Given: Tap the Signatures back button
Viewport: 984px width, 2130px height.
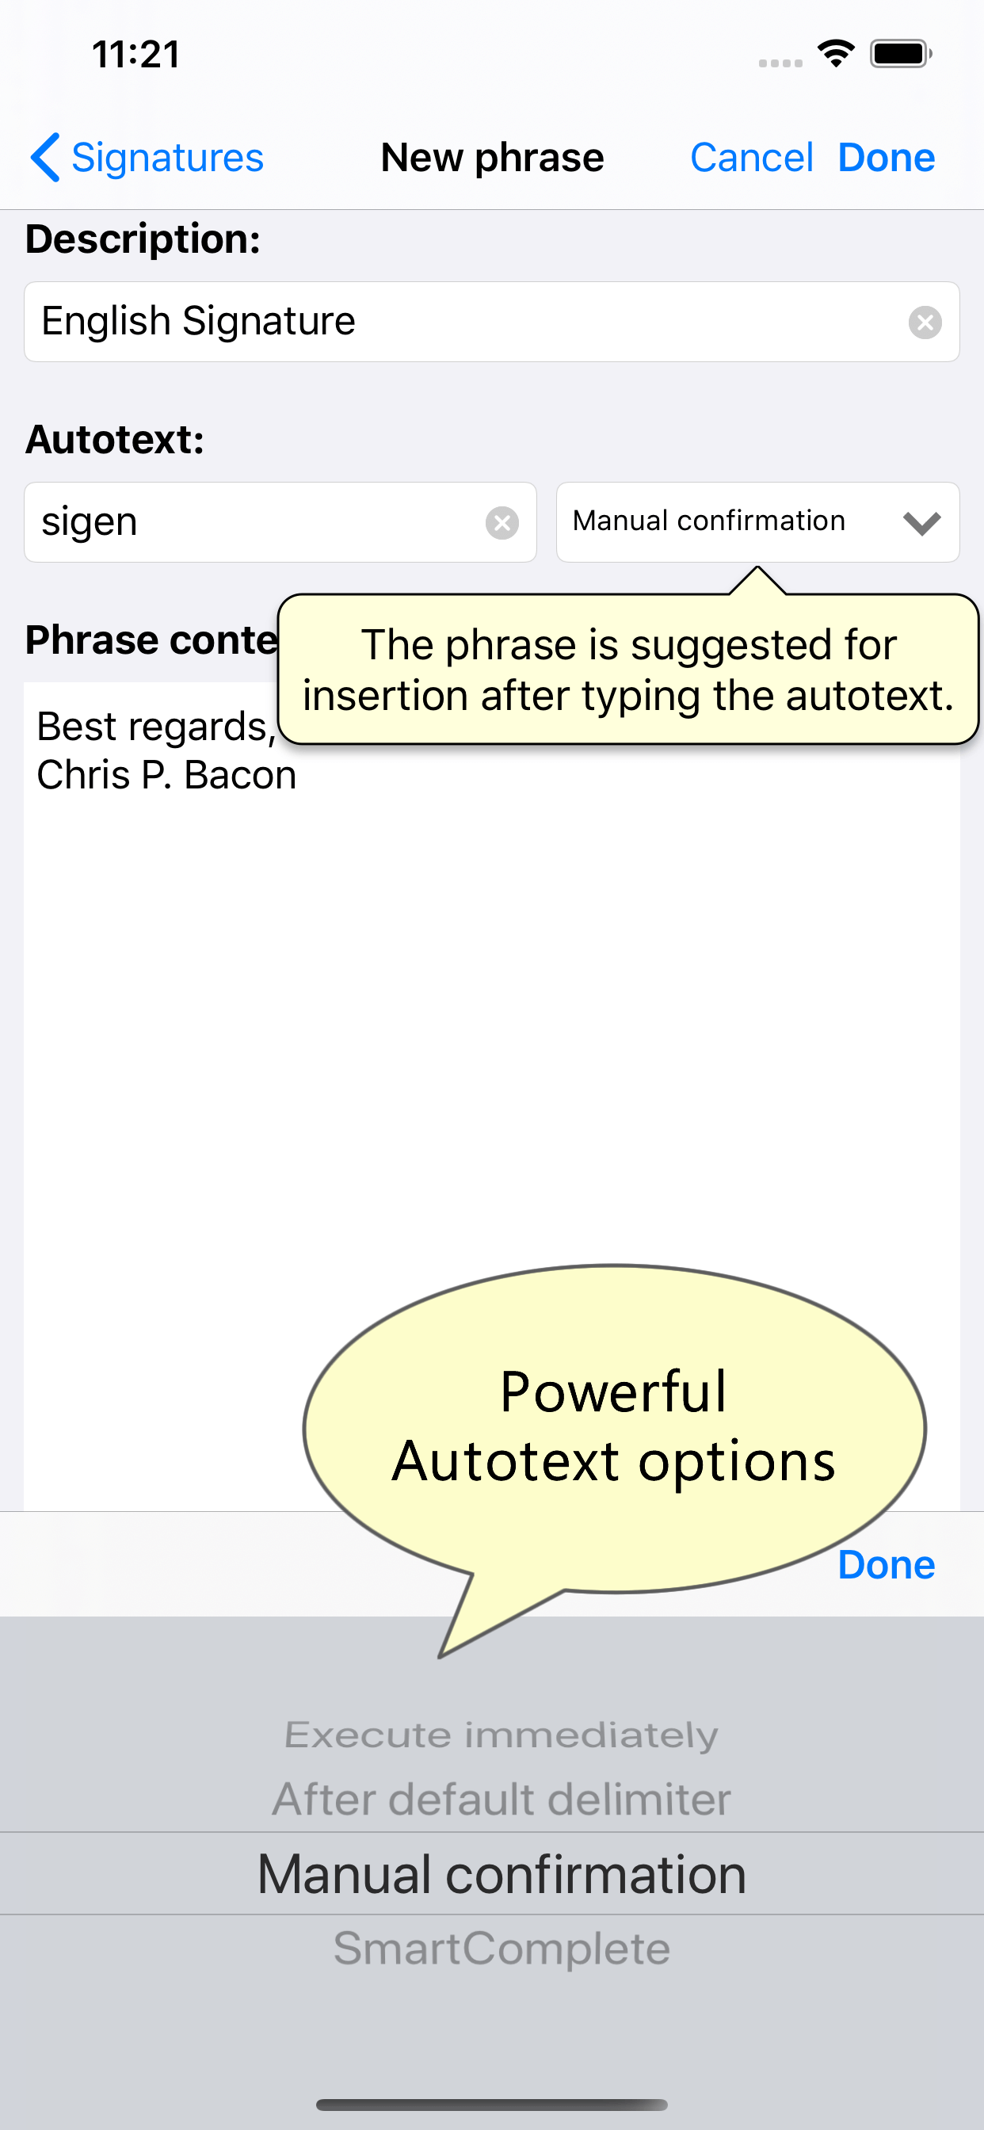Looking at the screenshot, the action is tap(147, 157).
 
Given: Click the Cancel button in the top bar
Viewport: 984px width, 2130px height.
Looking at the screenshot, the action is tap(752, 157).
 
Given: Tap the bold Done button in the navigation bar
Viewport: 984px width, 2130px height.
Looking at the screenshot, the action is tap(887, 157).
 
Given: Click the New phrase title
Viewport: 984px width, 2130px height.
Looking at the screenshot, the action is tap(492, 157).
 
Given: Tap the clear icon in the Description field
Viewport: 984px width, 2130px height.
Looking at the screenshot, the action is tap(925, 322).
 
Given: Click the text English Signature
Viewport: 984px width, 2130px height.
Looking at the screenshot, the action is tap(198, 321).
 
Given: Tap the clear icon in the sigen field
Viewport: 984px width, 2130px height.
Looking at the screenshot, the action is tap(502, 522).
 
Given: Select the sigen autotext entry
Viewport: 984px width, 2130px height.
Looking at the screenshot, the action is tap(90, 522).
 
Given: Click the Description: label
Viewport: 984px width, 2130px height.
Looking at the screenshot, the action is tap(143, 239).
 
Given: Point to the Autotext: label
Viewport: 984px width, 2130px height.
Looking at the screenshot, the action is tap(115, 439).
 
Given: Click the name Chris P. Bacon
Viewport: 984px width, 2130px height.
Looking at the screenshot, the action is tap(166, 776).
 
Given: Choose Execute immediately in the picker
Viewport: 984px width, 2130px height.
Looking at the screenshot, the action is tap(501, 1735).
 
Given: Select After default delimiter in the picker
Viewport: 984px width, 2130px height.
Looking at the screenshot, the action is tap(501, 1800).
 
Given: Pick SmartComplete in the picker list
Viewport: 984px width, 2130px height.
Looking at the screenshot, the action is tap(501, 1948).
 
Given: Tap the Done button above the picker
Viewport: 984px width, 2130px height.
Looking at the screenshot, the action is tap(887, 1564).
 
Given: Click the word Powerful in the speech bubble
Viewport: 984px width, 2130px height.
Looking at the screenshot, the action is tap(613, 1391).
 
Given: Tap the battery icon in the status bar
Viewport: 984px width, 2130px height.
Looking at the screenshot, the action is tap(901, 54).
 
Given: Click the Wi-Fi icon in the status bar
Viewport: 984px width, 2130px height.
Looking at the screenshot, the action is tap(836, 54).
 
